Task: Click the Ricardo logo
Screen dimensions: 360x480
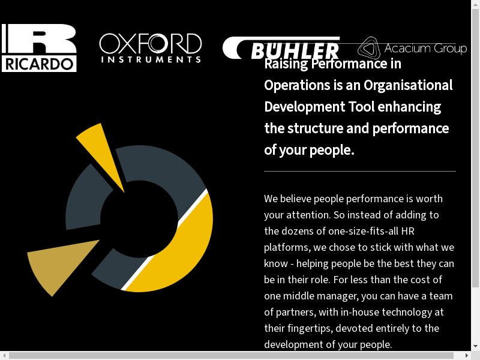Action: [39, 48]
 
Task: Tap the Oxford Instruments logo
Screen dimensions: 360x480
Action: [150, 48]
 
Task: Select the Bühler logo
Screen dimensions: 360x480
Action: [281, 49]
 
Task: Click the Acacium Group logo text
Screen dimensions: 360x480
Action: [425, 49]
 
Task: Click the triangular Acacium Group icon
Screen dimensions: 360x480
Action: [369, 48]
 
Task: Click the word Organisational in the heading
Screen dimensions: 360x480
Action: [408, 85]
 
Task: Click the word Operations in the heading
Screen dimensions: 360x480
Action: [297, 85]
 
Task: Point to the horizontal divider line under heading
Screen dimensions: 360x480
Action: [360, 172]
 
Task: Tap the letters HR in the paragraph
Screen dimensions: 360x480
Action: [407, 231]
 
